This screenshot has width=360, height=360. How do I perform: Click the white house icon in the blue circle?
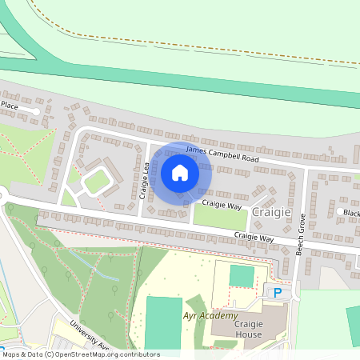pyautogui.click(x=180, y=172)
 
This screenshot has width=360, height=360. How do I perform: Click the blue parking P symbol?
pyautogui.click(x=278, y=293)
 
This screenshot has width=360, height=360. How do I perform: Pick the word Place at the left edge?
pyautogui.click(x=9, y=104)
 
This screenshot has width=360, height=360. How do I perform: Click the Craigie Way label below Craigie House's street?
pyautogui.click(x=254, y=238)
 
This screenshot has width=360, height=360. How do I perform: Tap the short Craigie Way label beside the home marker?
pyautogui.click(x=222, y=205)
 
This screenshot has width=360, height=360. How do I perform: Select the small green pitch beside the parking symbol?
pyautogui.click(x=241, y=276)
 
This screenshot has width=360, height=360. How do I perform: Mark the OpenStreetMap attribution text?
pyautogui.click(x=80, y=354)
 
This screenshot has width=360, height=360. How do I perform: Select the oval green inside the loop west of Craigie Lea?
pyautogui.click(x=96, y=182)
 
